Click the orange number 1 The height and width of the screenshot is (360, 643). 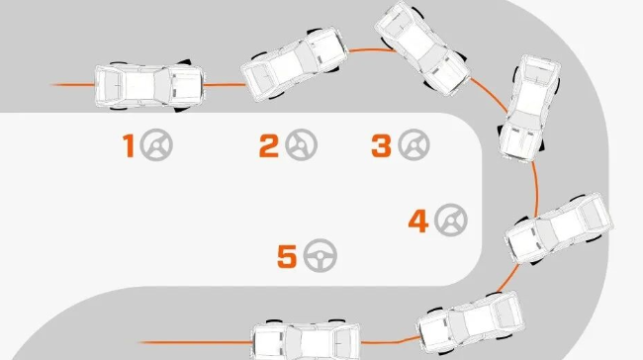(129, 145)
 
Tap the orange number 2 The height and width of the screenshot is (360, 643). (269, 146)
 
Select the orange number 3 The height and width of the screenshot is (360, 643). (381, 146)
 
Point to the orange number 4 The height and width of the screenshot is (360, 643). (418, 221)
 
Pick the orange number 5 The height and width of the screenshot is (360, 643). (287, 256)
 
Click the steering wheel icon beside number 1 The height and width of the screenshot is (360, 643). (156, 144)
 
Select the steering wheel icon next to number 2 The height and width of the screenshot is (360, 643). (302, 144)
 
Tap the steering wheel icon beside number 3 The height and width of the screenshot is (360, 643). (413, 144)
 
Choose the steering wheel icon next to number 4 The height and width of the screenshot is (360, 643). (451, 220)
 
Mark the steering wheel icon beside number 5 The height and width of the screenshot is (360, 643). (321, 255)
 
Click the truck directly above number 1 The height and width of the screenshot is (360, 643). (149, 86)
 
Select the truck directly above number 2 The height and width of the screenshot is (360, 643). (294, 64)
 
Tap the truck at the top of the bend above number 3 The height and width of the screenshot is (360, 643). (422, 48)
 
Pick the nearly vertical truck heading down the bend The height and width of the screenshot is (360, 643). (529, 108)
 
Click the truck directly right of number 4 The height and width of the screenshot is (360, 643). (559, 228)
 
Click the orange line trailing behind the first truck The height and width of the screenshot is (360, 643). (72, 85)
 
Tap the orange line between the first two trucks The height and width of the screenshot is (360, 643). (224, 85)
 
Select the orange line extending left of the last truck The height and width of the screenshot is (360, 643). (196, 342)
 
